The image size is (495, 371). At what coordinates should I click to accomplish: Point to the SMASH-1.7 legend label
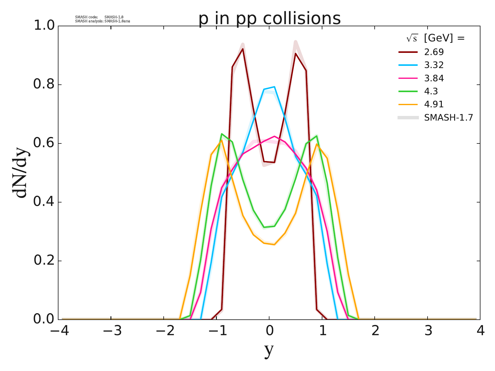(449, 117)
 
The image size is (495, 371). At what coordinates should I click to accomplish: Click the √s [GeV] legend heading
(436, 38)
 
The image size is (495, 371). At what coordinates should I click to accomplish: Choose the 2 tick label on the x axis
(375, 331)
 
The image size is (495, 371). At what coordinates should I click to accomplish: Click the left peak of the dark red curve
(243, 49)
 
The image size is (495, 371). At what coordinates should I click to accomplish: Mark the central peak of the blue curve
(274, 87)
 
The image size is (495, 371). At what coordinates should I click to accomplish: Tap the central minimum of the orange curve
(274, 245)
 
